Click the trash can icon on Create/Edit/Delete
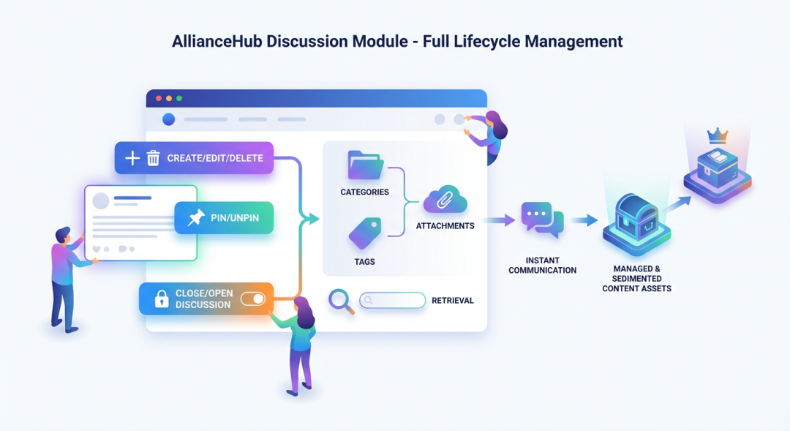tap(154, 158)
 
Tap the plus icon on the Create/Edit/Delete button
tap(132, 158)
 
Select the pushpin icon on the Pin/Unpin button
tap(195, 218)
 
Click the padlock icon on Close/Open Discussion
tap(161, 299)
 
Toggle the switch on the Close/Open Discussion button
tap(253, 299)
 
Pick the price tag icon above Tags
tap(364, 233)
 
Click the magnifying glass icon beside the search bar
tap(340, 300)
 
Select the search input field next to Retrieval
tap(392, 300)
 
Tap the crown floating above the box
tap(718, 136)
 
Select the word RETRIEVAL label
tap(453, 301)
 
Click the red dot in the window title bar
tap(158, 98)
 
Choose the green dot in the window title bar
tap(179, 98)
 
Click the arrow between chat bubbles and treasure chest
tap(584, 220)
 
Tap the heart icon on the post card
tap(96, 250)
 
